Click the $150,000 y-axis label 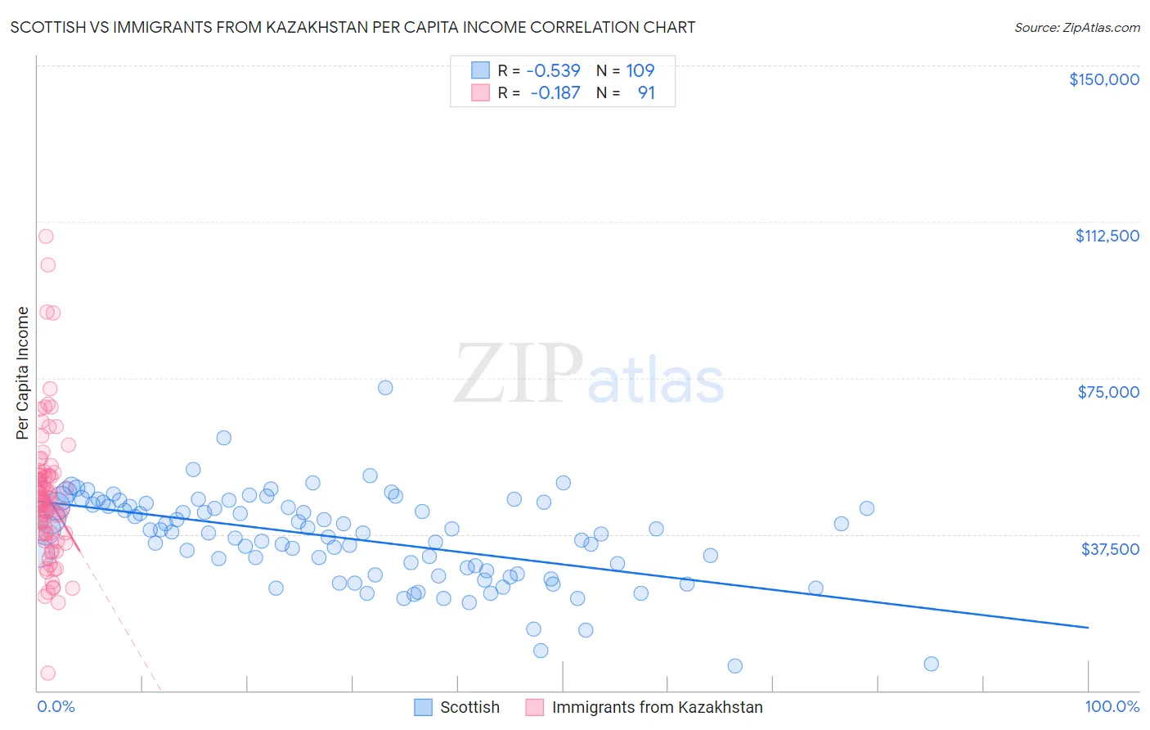[1103, 79]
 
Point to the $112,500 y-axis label [1107, 236]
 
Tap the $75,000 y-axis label [1107, 392]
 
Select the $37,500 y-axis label [1109, 549]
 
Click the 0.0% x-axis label [56, 707]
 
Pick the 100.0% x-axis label [1112, 707]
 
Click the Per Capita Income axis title [23, 373]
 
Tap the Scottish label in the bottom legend [469, 708]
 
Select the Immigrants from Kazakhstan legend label [657, 708]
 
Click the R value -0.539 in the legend [553, 71]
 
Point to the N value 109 [640, 71]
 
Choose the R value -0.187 [555, 93]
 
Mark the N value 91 [646, 93]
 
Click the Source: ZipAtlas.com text [1076, 28]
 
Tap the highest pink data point [46, 237]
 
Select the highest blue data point [385, 388]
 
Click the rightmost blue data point [931, 664]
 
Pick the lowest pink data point [48, 673]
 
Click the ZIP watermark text [519, 375]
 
